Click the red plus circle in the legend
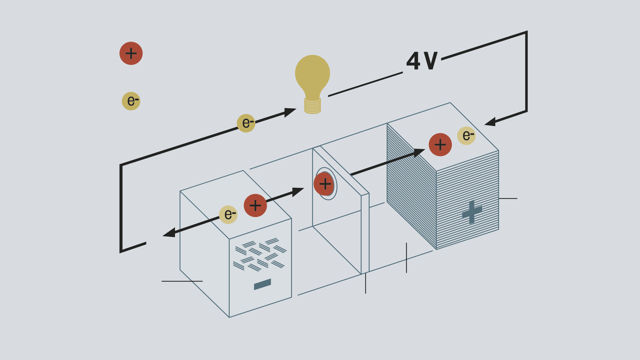coord(131,53)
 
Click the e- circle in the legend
coord(131,101)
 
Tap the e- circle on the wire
coord(246,123)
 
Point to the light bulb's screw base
coord(312,106)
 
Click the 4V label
coord(422,61)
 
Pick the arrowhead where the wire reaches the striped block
coord(491,122)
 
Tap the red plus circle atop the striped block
coord(440,145)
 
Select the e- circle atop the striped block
coord(466,136)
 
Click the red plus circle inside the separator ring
coord(324,184)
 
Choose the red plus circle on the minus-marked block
coord(255,205)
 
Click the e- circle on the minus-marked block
coord(228,214)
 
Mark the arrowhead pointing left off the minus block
coord(170,233)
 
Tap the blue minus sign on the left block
coord(262,284)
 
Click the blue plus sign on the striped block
coord(472,212)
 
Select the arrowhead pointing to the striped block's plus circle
coord(419,152)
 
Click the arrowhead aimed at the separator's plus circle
coord(298,191)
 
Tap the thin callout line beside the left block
coord(182,281)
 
